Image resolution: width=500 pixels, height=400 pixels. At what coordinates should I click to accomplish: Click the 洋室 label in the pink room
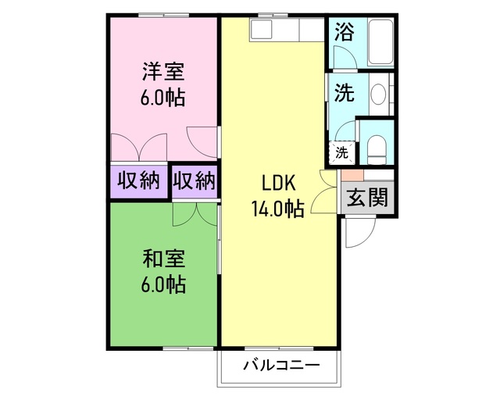[x=163, y=73]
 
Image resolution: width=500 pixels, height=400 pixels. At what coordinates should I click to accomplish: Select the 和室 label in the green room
[x=163, y=257]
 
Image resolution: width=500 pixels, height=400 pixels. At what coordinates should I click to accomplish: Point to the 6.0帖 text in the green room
[x=163, y=285]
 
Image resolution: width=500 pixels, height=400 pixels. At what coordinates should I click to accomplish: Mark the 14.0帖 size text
[x=277, y=209]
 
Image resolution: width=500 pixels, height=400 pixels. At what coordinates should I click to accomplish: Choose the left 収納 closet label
[x=138, y=181]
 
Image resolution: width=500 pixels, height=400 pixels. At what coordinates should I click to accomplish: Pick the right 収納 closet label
[x=193, y=181]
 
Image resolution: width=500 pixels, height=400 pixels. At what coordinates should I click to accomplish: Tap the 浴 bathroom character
[x=343, y=32]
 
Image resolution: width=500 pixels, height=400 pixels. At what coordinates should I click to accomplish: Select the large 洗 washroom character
[x=344, y=93]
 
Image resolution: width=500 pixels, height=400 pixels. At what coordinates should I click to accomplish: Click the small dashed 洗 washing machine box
[x=342, y=152]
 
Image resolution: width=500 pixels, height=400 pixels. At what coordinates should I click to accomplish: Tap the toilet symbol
[x=377, y=146]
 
